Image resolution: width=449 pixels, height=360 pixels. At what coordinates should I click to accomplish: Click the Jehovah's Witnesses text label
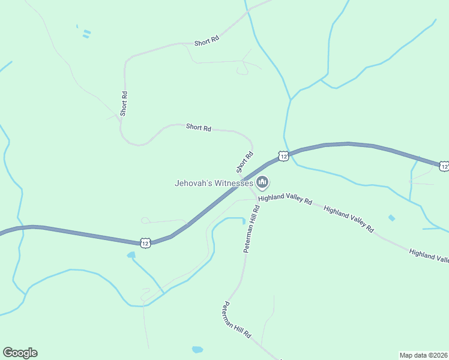click(214, 183)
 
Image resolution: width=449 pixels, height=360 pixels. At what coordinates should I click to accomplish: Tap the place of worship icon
click(262, 182)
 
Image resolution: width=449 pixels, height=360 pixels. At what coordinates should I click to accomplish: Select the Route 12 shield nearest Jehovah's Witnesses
click(283, 156)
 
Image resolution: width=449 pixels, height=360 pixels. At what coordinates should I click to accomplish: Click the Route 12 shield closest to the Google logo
click(145, 242)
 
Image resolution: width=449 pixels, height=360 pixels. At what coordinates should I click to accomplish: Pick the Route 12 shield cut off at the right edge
click(444, 166)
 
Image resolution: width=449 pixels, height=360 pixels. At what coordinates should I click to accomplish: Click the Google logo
click(20, 353)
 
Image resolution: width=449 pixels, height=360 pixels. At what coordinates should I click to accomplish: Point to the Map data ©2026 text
click(423, 355)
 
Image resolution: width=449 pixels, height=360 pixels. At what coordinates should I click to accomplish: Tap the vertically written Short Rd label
click(124, 103)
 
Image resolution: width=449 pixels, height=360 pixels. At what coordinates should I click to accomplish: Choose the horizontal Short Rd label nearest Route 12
click(199, 127)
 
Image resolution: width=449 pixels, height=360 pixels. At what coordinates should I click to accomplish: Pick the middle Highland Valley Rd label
click(348, 219)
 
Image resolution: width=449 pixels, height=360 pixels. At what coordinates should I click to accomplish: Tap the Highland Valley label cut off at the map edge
click(429, 256)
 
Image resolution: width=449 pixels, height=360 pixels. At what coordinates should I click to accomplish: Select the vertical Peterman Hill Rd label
click(251, 229)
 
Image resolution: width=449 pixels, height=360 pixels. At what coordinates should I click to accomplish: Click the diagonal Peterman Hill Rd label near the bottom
click(237, 319)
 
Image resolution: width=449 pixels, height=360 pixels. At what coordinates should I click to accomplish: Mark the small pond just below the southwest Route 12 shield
click(131, 255)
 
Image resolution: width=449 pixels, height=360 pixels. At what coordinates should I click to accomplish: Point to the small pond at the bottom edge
click(197, 349)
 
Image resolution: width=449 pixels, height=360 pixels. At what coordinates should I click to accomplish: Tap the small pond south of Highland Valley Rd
click(391, 218)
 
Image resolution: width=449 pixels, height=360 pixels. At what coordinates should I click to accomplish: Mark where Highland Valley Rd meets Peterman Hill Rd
click(257, 198)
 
